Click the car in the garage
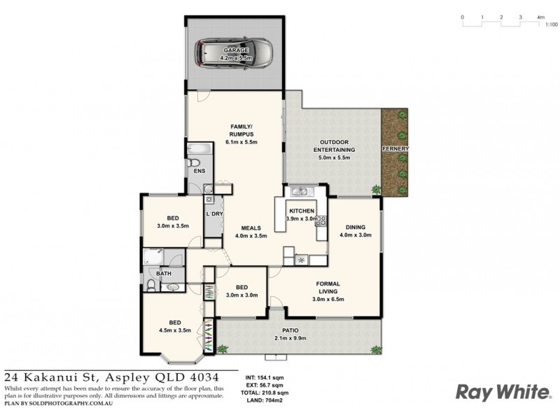tap(234, 54)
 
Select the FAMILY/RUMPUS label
tap(241, 130)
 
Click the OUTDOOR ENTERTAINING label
tap(333, 145)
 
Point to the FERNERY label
tap(395, 149)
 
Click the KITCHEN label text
tap(302, 211)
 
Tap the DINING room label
tap(356, 226)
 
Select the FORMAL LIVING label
tap(328, 286)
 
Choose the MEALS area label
tap(251, 227)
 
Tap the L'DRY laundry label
tap(213, 213)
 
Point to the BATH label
tap(164, 274)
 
